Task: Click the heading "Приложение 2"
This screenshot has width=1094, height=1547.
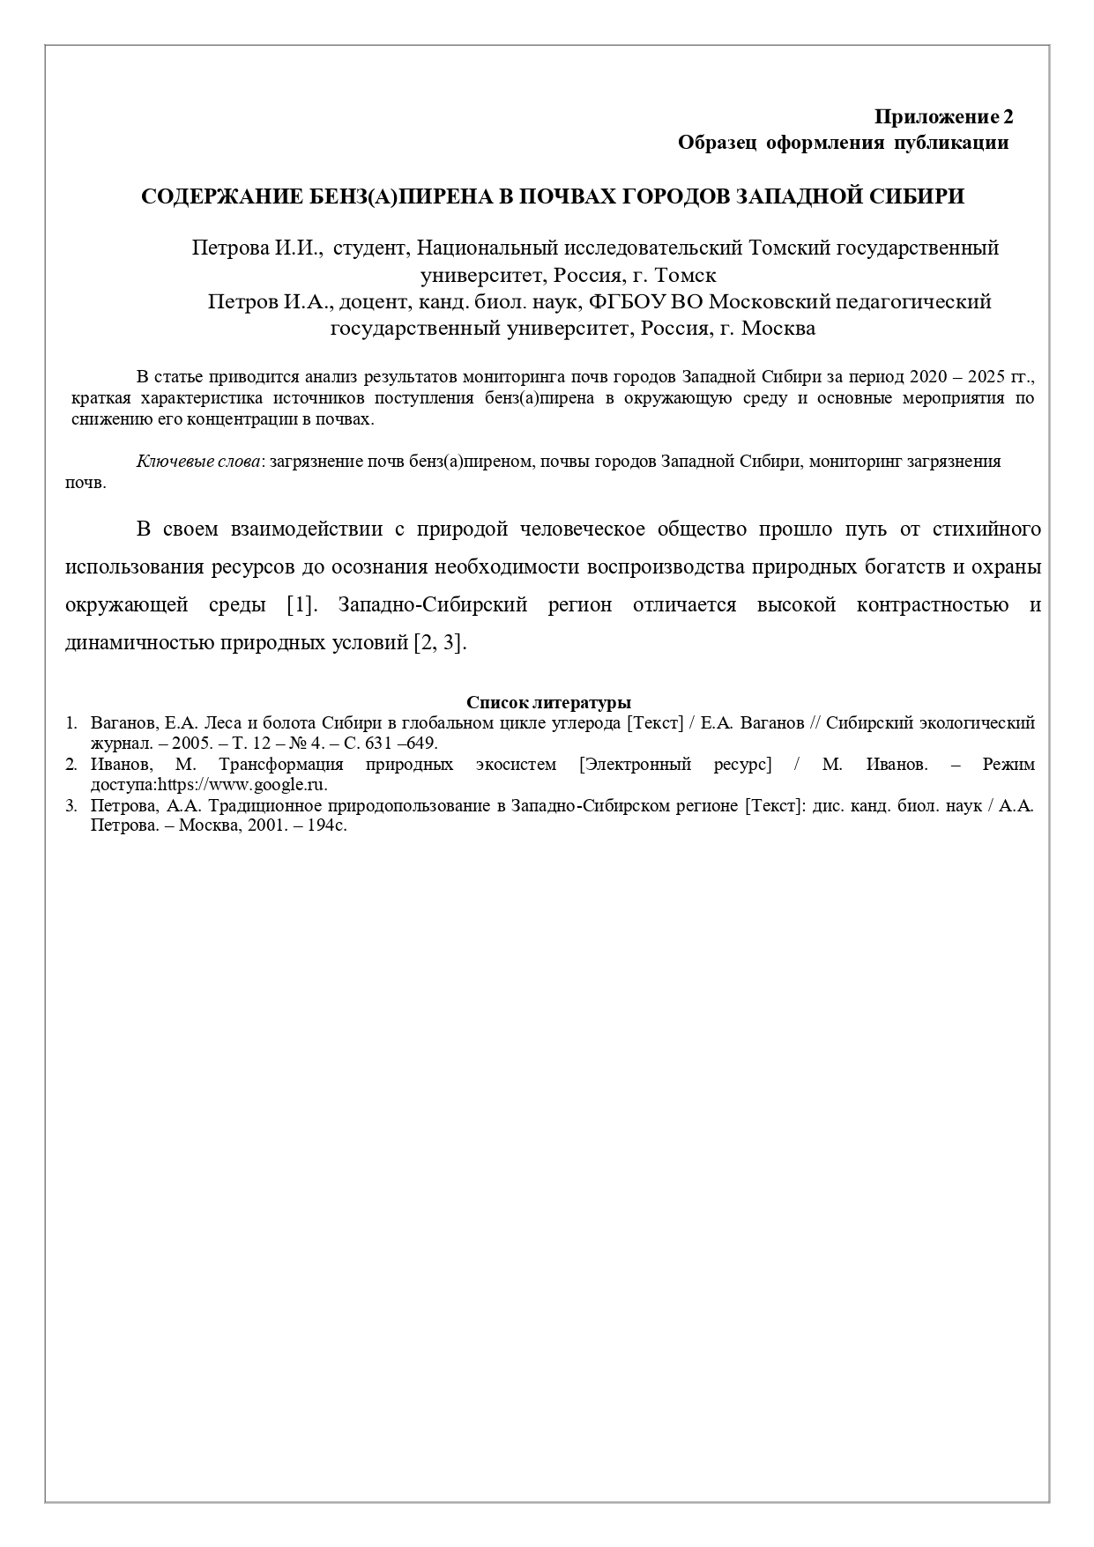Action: [943, 116]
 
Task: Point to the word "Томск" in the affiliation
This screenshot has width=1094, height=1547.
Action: [686, 275]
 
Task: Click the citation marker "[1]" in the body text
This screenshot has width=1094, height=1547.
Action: [301, 605]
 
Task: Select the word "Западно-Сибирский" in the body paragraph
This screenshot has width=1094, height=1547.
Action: [432, 605]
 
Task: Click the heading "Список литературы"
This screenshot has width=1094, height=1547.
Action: [548, 703]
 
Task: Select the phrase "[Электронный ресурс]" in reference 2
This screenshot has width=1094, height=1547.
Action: [675, 765]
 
